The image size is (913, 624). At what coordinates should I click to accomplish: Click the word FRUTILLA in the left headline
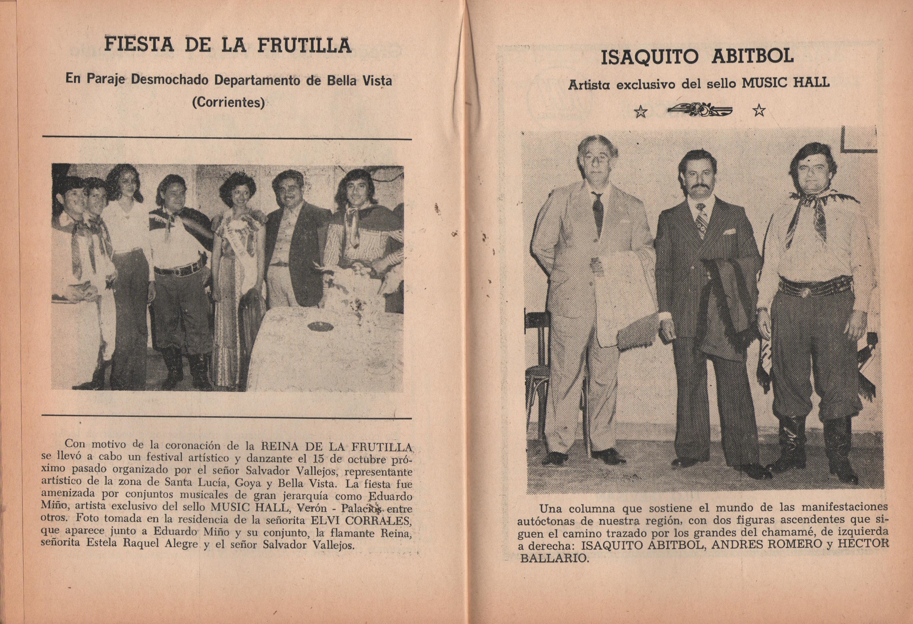(304, 45)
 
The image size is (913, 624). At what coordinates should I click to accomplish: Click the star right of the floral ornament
(759, 112)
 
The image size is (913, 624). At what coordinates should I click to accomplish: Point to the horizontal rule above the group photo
(227, 138)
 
